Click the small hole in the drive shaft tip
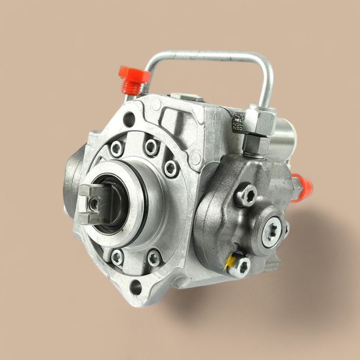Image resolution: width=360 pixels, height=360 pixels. tap(94, 205)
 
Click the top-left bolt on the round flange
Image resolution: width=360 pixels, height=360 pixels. tap(117, 149)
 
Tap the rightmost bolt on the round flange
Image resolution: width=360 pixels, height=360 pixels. tap(171, 168)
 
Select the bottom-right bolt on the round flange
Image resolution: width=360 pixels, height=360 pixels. tap(154, 257)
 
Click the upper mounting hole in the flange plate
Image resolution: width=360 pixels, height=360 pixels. tap(129, 119)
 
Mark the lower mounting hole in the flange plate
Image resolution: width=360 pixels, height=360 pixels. tap(137, 286)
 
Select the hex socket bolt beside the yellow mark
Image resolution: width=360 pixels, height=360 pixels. tap(240, 266)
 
